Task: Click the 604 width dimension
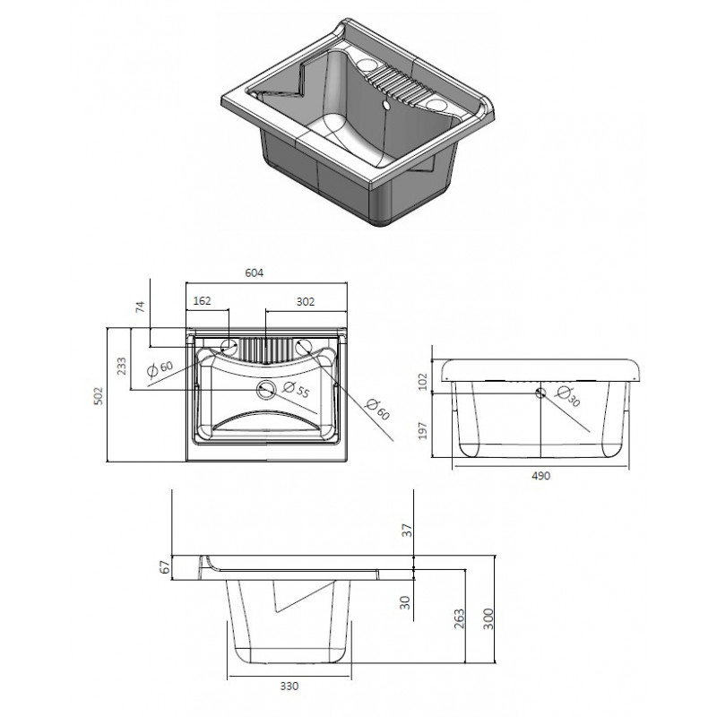[255, 273]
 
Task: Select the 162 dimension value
[203, 301]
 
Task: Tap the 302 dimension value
[306, 302]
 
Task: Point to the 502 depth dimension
[99, 396]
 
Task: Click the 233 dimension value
[122, 367]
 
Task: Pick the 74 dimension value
[141, 307]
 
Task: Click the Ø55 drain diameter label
[297, 390]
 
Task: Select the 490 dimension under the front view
[541, 476]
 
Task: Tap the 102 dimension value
[423, 382]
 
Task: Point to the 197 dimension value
[423, 431]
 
